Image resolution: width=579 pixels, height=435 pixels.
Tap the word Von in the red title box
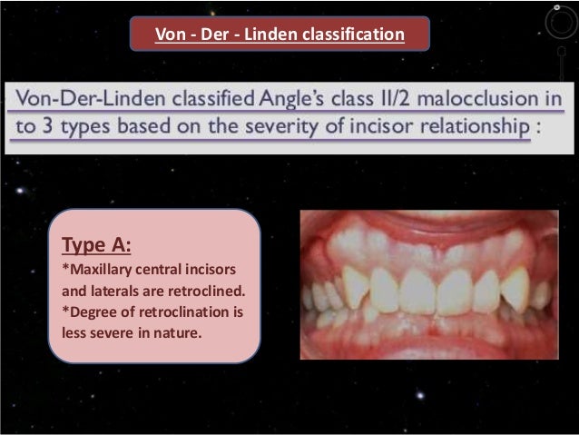pos(170,35)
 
